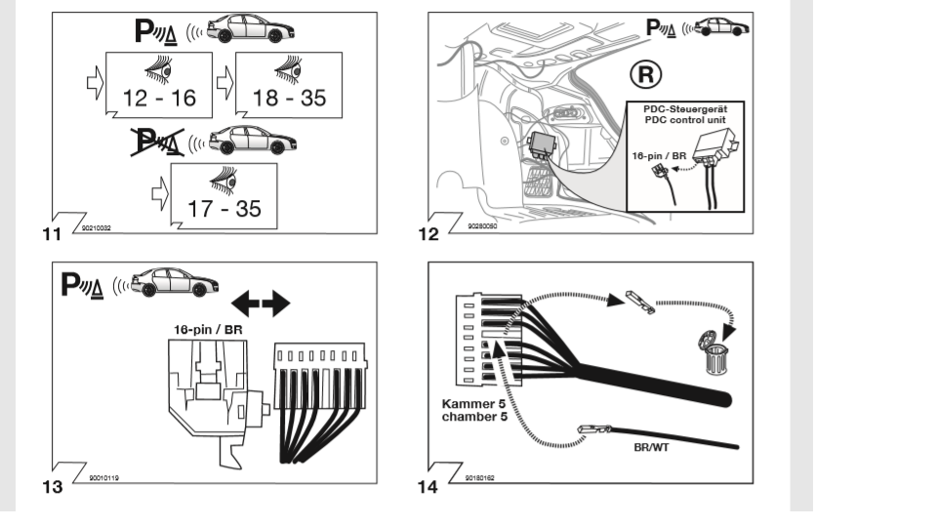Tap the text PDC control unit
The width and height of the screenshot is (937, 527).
[x=684, y=119]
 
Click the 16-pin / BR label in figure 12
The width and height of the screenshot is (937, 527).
[x=653, y=154]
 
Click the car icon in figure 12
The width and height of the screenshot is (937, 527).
[x=724, y=27]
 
